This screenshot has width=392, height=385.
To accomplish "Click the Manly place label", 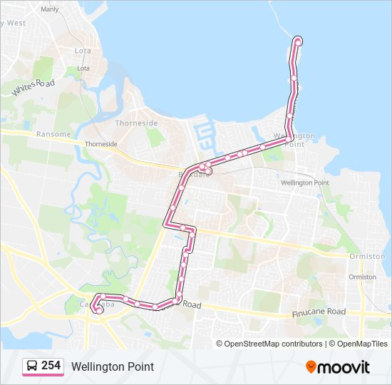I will click(50, 9).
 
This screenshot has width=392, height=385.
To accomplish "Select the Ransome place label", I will click(53, 134).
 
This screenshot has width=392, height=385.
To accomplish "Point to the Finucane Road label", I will click(319, 312).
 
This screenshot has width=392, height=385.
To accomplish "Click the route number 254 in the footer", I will click(51, 366).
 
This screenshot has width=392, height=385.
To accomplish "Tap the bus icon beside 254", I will click(32, 366).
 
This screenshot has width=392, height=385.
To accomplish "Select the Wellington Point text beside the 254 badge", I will click(112, 366).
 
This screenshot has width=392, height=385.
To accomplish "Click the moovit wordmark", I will click(344, 367).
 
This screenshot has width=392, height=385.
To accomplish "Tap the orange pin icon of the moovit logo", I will click(311, 366).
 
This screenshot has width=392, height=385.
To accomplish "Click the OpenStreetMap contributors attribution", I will click(274, 344).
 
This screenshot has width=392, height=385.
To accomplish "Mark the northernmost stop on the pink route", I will click(298, 41).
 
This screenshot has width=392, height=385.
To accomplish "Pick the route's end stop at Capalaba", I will click(98, 310).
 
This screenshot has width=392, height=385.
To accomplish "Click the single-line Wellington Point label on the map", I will click(305, 183).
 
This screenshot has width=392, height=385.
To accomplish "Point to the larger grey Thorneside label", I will click(137, 123).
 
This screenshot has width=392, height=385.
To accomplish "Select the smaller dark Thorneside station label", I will click(100, 143).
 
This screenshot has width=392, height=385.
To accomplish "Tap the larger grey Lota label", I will click(83, 51).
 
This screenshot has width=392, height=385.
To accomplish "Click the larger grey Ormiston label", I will click(367, 256).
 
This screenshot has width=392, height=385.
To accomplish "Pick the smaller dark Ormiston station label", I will click(363, 277).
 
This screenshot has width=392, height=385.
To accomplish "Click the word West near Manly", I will click(16, 23).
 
